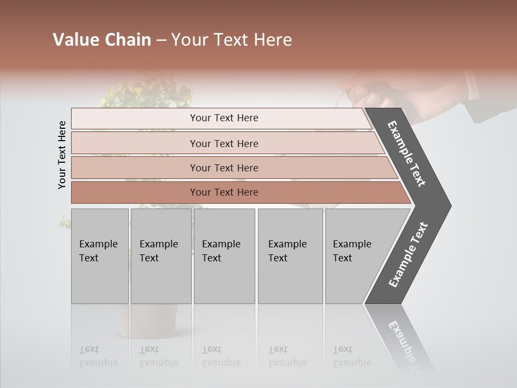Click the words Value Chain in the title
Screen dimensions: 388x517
point(102,40)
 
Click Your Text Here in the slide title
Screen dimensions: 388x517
point(232,40)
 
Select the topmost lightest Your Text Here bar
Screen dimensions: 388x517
point(223,118)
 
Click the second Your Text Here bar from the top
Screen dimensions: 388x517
point(223,143)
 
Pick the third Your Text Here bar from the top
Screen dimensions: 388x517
point(223,168)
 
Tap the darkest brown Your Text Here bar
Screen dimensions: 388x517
point(223,192)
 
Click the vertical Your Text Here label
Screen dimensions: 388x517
point(62,155)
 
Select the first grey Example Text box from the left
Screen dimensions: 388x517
point(100,256)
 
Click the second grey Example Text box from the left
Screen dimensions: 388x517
point(160,256)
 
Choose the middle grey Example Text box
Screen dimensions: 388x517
point(224,256)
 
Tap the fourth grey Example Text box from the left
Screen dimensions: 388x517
point(290,256)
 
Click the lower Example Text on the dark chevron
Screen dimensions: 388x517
point(408,255)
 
